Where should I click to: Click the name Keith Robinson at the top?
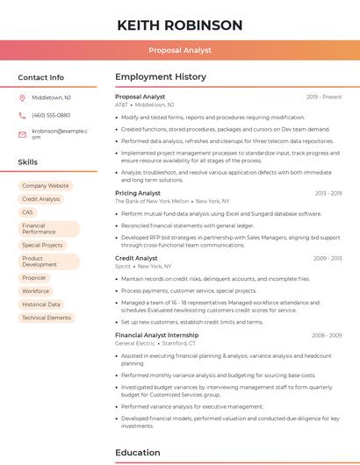179,24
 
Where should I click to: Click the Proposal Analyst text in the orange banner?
179,50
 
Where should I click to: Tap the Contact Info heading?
40,77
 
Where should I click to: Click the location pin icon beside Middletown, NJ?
22,98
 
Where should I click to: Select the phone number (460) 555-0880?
51,115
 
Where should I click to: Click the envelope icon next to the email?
22,133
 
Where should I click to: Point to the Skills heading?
28,162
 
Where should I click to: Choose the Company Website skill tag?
45,186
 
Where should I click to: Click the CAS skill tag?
27,212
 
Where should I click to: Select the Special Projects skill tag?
42,246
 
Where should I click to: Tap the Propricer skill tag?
34,277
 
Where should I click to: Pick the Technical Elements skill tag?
47,318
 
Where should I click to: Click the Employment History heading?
161,77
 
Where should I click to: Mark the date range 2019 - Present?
324,97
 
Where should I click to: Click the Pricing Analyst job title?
138,192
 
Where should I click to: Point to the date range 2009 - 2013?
328,258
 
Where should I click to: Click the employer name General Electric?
135,343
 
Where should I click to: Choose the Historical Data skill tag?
40,304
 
